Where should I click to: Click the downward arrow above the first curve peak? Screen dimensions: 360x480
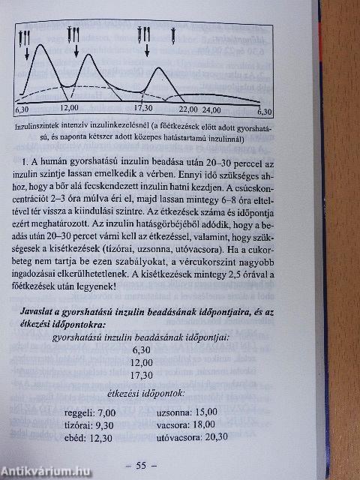tap(27, 52)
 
